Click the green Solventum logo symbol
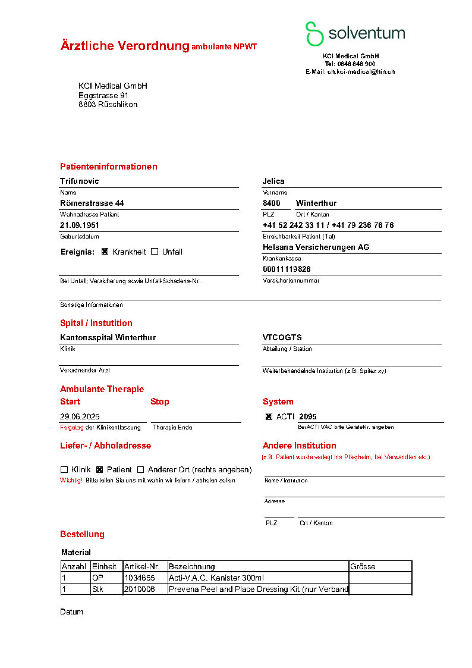coord(314,34)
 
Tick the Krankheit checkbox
coord(105,252)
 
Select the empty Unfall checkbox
coord(155,252)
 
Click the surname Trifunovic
coord(80,181)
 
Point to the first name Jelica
coord(273,181)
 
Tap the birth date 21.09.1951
coord(80,225)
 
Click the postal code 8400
coord(272,203)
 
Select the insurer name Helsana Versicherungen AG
coord(316,247)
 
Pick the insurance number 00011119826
coord(287,269)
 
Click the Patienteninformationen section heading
coord(109,167)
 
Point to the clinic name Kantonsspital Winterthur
coord(108,338)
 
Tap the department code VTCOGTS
coord(282,338)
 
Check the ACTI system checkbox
coord(269,416)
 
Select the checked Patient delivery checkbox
coord(100,469)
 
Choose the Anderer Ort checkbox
coord(141,469)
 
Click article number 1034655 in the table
coord(140,578)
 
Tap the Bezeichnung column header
coord(192,566)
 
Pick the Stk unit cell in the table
coord(98,589)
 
